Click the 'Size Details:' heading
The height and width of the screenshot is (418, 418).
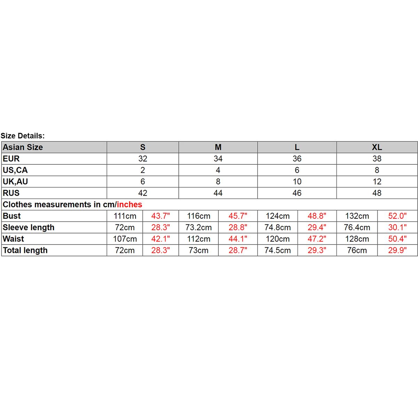pos(23,136)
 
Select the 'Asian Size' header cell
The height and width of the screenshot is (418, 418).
pos(23,147)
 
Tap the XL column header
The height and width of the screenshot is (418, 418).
pos(377,147)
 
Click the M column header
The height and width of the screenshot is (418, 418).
pos(218,147)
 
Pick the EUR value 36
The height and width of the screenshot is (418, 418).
pos(297,159)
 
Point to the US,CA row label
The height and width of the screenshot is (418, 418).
pos(15,170)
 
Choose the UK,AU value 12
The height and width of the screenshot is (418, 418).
pos(377,182)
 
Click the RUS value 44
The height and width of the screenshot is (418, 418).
pos(218,193)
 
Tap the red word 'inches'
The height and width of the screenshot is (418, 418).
pos(130,205)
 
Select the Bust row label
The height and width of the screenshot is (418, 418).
pos(12,216)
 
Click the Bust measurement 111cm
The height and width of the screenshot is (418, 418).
pos(125,216)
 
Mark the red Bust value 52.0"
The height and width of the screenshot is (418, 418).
pos(397,216)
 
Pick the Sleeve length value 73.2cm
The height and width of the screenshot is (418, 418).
pos(199,228)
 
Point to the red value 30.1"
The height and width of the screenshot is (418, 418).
pos(397,228)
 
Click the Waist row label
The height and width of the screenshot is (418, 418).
pos(14,239)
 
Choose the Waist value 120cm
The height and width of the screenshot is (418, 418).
pos(278,239)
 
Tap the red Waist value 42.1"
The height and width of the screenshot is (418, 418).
pos(161,239)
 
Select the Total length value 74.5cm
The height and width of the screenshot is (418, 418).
pos(278,251)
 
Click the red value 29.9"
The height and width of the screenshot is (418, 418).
pos(397,251)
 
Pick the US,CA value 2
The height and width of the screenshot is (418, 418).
pos(143,170)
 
